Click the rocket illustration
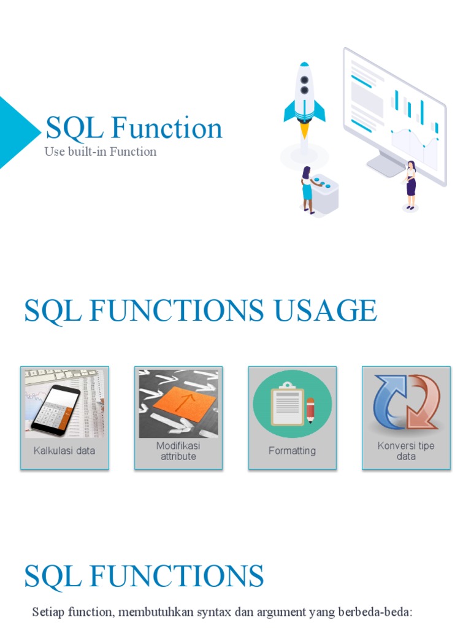click(x=304, y=98)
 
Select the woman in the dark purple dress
click(x=410, y=185)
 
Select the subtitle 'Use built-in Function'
click(x=101, y=151)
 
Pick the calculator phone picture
click(x=56, y=409)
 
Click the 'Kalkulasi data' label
click(x=64, y=451)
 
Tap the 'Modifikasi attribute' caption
click(x=178, y=451)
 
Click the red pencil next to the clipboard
click(x=310, y=410)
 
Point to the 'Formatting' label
click(x=292, y=451)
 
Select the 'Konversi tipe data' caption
click(x=406, y=451)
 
